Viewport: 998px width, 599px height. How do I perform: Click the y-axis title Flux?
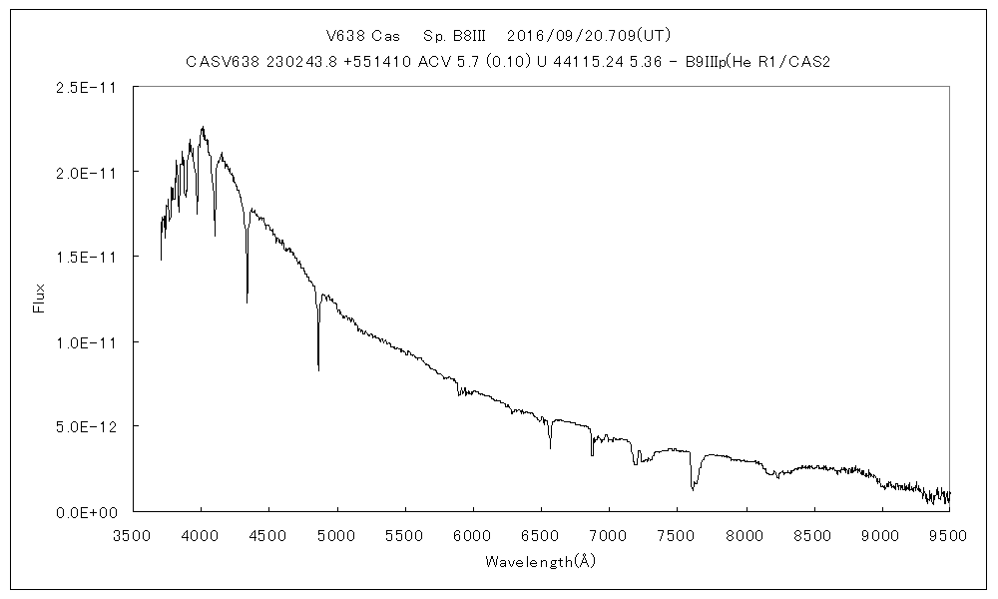click(x=40, y=298)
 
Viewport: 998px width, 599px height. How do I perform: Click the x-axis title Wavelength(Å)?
click(x=540, y=561)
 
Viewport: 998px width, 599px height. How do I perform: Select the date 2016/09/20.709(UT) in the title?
click(x=582, y=36)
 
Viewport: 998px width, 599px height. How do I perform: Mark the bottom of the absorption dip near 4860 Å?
click(x=318, y=369)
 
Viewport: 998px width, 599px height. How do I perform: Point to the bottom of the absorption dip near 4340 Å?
click(x=248, y=301)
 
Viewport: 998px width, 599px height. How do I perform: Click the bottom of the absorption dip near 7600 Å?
click(x=693, y=490)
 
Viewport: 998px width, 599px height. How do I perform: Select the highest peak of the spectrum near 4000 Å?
click(x=203, y=127)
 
